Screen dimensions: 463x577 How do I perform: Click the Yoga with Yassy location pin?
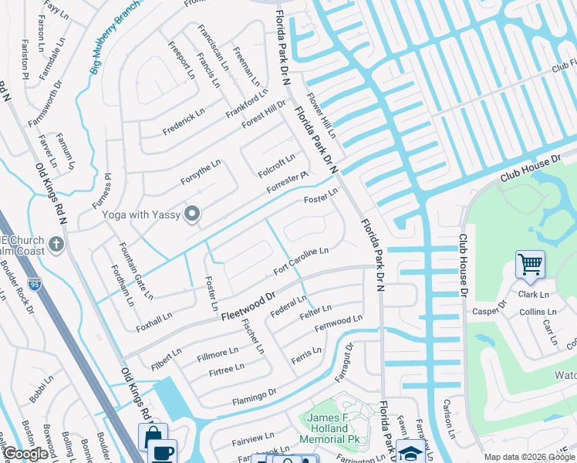click(x=192, y=215)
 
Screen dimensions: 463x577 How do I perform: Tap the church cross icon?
click(x=56, y=245)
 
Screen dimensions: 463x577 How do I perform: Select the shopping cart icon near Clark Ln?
click(x=531, y=265)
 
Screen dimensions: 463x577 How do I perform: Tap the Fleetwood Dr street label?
click(x=248, y=305)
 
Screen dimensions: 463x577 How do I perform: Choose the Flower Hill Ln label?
click(x=322, y=116)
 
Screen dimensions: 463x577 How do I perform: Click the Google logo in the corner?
click(x=26, y=455)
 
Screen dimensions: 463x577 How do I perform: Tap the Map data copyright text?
click(x=529, y=457)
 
